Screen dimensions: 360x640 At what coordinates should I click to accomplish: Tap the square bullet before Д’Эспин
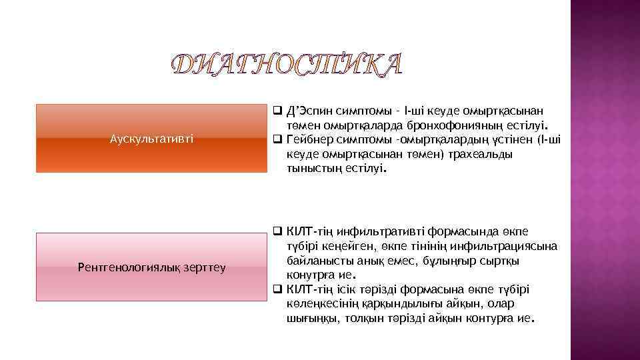278,111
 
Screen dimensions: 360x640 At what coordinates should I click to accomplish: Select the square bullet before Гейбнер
278,140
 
